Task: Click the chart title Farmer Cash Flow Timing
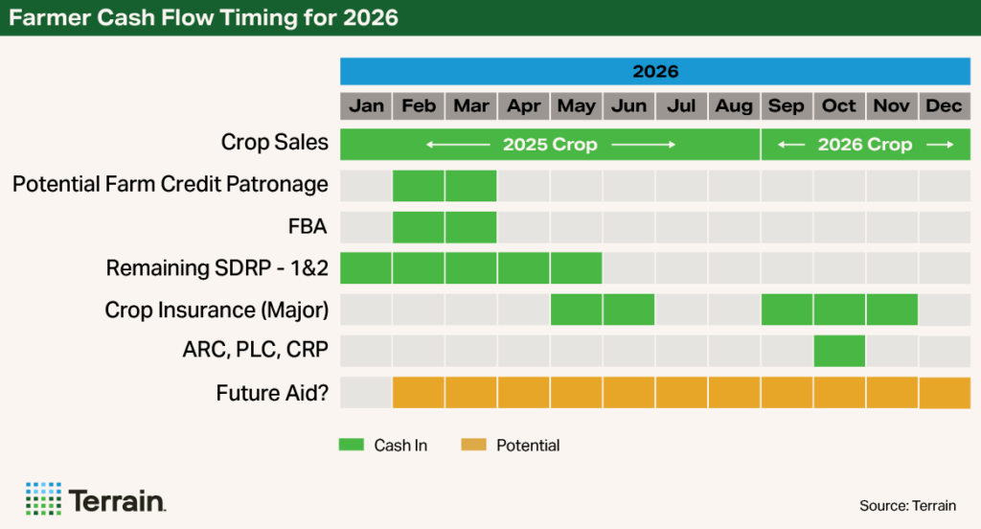201,17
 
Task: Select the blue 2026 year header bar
655,72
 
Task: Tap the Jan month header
366,105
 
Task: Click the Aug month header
734,105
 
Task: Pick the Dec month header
945,105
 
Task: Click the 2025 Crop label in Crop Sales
550,145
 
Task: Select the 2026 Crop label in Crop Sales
865,145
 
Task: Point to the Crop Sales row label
274,144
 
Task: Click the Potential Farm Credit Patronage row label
170,184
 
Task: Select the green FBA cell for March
471,227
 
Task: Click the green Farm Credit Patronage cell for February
419,185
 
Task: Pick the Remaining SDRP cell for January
366,268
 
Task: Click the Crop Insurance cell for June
628,310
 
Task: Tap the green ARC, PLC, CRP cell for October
839,351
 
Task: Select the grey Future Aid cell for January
366,393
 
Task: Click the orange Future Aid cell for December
945,393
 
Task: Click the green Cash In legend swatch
352,445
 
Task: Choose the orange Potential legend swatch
474,445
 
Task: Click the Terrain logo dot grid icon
42,498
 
